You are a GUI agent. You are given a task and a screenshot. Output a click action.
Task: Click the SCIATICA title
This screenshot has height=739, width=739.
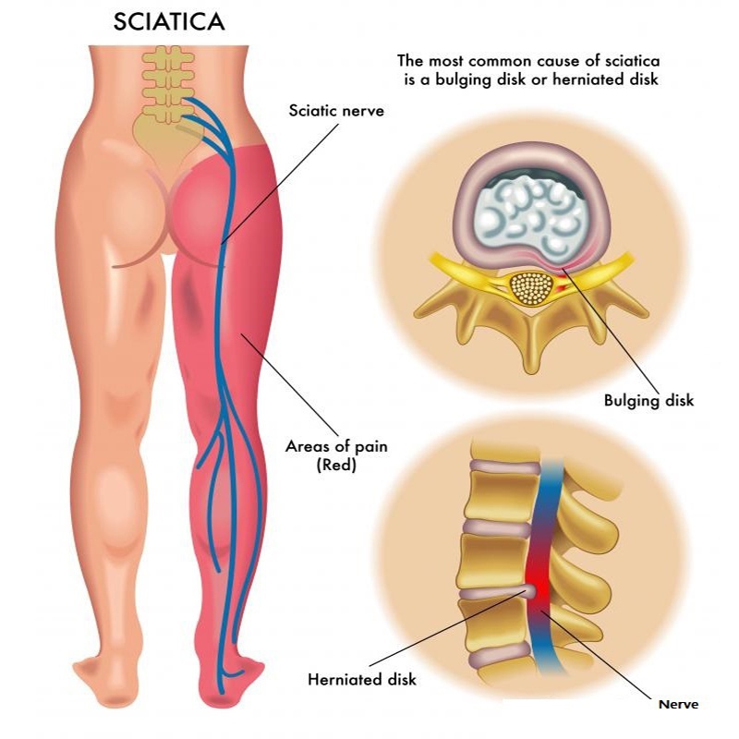169,22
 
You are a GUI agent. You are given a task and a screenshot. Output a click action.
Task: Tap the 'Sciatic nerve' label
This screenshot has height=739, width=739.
336,111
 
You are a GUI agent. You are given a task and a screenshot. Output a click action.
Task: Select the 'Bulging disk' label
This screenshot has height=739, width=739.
648,401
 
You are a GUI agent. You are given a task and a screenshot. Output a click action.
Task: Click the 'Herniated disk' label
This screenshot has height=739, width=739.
362,679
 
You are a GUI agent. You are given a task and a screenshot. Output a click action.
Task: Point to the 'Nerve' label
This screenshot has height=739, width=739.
678,704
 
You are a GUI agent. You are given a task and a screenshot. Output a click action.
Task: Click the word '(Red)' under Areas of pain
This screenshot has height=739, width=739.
336,465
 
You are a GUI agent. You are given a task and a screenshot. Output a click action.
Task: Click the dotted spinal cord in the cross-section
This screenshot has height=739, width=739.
531,287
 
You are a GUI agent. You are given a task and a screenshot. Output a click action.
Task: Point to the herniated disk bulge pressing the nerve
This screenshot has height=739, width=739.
530,591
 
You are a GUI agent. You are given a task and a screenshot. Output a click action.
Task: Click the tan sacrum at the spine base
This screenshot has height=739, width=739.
163,141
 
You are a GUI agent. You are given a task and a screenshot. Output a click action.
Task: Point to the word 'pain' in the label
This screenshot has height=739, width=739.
371,447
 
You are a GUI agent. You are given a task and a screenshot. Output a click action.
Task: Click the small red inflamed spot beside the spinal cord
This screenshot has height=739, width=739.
562,287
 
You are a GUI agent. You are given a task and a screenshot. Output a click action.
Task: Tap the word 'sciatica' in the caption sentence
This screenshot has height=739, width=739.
633,61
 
